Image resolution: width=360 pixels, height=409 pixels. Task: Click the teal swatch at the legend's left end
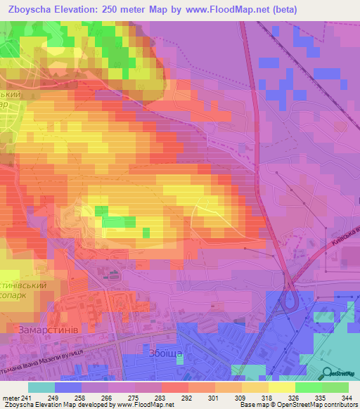(41, 387)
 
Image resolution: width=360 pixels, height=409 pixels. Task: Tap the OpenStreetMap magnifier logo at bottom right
(328, 374)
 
